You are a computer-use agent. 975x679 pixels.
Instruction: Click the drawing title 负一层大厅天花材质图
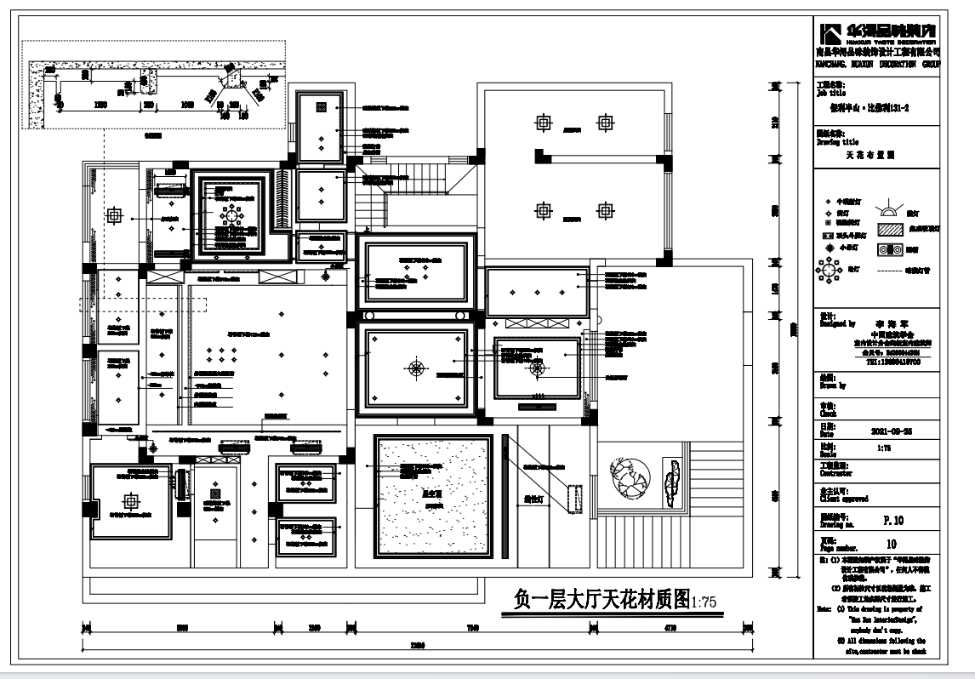(x=601, y=600)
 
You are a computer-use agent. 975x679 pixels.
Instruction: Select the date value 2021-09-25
(x=892, y=431)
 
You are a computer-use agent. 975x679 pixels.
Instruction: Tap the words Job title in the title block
(x=829, y=94)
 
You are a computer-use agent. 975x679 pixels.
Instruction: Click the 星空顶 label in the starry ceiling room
(x=430, y=491)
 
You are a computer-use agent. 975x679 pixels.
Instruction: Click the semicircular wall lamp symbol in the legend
(x=887, y=207)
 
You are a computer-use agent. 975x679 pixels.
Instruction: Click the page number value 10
(x=892, y=543)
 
